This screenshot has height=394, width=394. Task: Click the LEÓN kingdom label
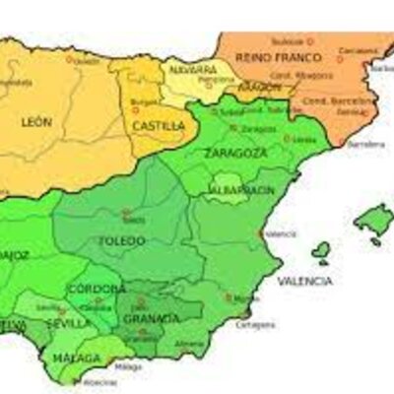pyautogui.click(x=35, y=122)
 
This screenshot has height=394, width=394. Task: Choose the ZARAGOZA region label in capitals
pyautogui.click(x=236, y=154)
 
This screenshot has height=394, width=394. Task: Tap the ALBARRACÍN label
pyautogui.click(x=241, y=188)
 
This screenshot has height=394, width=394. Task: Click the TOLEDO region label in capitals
pyautogui.click(x=122, y=240)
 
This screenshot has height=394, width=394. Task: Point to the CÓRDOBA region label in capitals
pyautogui.click(x=96, y=289)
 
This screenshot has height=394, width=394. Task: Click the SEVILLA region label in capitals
pyautogui.click(x=76, y=323)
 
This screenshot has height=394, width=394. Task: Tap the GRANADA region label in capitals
pyautogui.click(x=152, y=318)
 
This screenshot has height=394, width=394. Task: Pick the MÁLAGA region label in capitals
pyautogui.click(x=79, y=358)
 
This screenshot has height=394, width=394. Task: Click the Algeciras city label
pyautogui.click(x=99, y=383)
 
